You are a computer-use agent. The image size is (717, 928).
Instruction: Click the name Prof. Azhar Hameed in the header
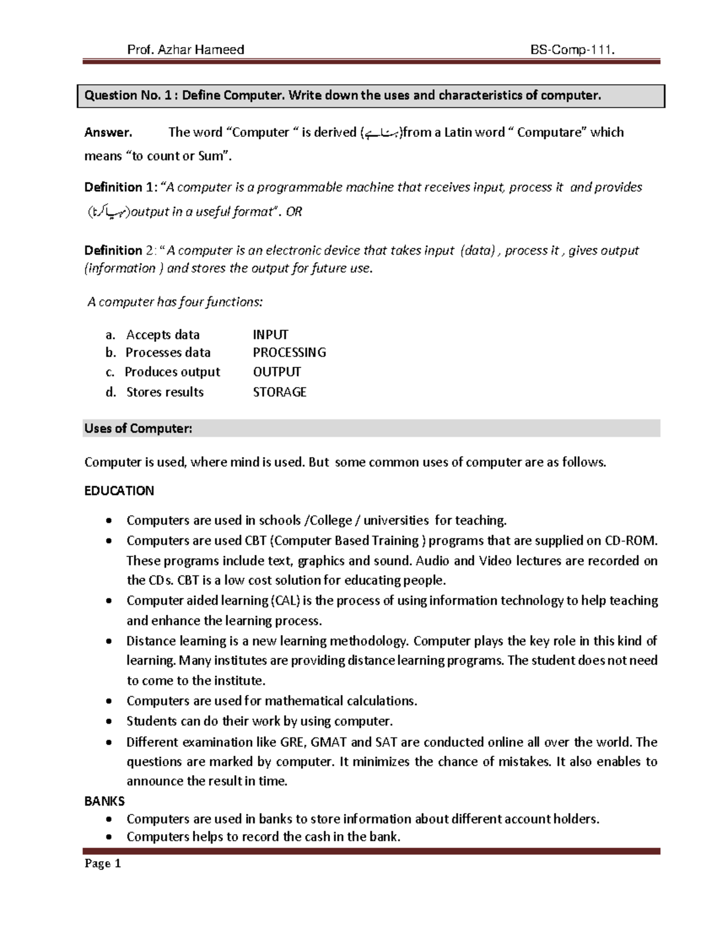(x=186, y=50)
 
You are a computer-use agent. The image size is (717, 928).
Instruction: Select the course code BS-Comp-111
(x=572, y=50)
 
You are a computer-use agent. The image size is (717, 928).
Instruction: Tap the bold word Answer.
(x=108, y=133)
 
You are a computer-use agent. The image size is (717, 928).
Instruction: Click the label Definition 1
(x=121, y=188)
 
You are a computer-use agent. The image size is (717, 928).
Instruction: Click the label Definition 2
(x=121, y=250)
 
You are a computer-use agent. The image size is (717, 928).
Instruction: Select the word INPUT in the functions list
(x=270, y=335)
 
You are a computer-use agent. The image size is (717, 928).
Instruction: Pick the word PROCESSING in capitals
(x=289, y=353)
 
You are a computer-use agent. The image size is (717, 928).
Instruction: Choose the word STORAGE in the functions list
(x=279, y=392)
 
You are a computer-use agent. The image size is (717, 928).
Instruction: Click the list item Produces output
(x=172, y=372)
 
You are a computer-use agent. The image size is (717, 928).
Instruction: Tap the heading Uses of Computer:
(x=138, y=428)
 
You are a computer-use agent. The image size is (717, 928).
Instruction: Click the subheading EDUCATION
(x=119, y=491)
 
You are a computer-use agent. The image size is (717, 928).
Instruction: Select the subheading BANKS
(x=105, y=801)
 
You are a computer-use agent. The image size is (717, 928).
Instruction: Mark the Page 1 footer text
(x=103, y=863)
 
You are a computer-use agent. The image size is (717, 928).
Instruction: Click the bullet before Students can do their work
(x=108, y=722)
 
